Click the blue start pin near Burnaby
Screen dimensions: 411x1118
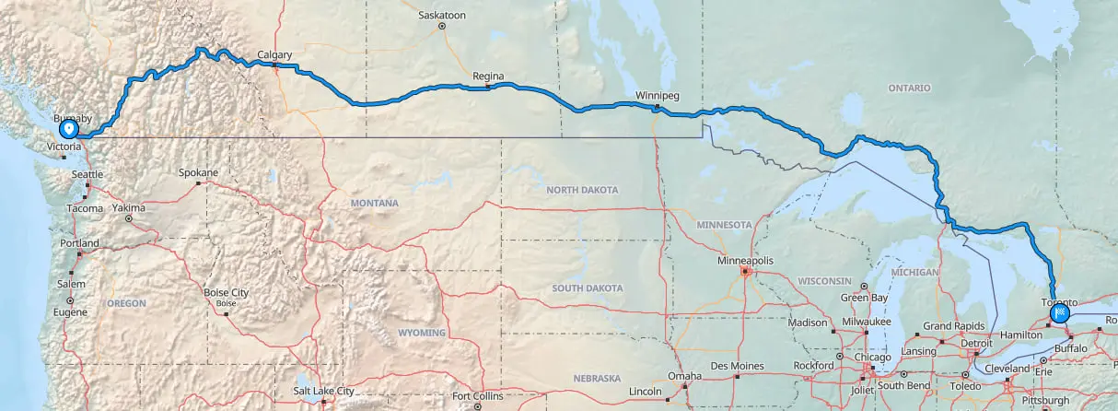pos(68,129)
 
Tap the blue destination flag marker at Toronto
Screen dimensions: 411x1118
pos(1061,314)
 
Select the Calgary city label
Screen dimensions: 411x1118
pos(275,55)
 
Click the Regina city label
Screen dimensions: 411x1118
pos(487,76)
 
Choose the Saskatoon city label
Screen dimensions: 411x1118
pos(442,16)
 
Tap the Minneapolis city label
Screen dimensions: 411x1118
pos(745,261)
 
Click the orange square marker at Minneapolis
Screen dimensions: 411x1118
pos(745,272)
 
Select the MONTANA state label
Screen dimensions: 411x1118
pos(374,203)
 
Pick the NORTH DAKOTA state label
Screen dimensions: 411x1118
pos(583,190)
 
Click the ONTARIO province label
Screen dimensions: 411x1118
pos(910,88)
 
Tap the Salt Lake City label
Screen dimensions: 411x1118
pos(323,391)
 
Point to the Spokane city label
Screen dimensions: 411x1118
pos(198,172)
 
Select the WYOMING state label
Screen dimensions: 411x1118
pos(421,333)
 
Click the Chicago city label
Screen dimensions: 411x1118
pos(872,358)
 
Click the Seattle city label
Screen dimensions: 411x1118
pos(87,174)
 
